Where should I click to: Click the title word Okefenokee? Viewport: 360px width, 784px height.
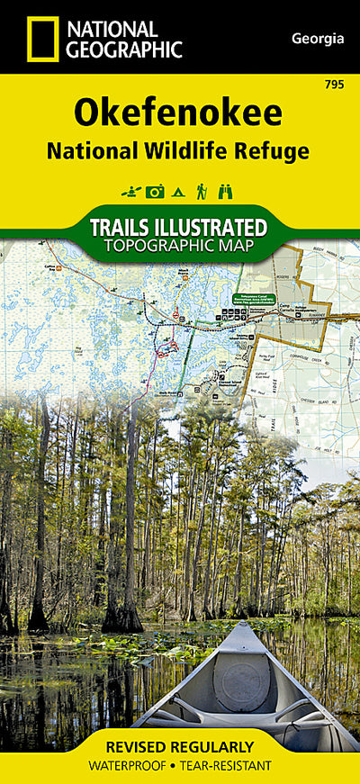[178, 113]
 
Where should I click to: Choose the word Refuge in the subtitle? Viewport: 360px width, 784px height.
[278, 151]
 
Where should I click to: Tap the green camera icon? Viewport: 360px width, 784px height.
[155, 191]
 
